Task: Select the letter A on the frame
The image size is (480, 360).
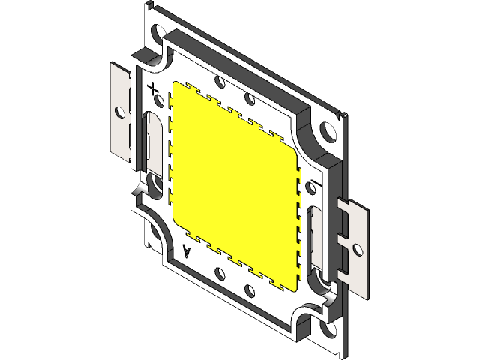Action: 187,250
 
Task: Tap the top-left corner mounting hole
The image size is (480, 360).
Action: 159,34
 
